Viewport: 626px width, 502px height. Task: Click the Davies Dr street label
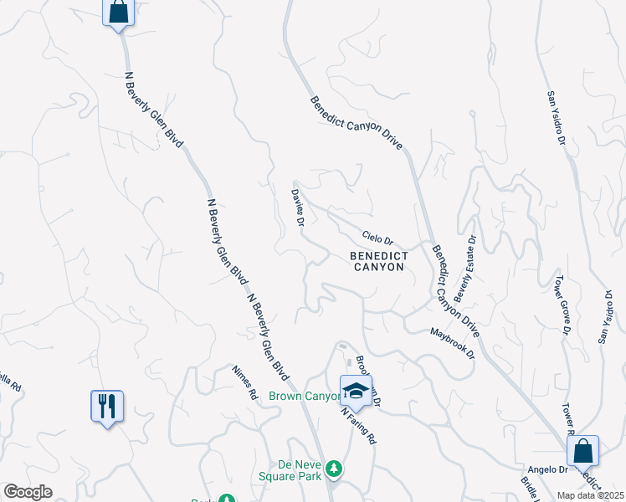click(x=297, y=205)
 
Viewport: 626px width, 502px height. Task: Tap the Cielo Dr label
click(x=377, y=238)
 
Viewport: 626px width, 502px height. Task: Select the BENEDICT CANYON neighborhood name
click(x=378, y=261)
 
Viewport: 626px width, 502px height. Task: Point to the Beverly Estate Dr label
click(x=464, y=269)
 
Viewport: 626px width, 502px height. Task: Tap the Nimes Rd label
click(x=246, y=386)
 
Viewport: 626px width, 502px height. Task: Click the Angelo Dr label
click(x=542, y=471)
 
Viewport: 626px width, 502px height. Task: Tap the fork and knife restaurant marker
click(x=107, y=407)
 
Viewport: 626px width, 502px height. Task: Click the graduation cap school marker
click(x=355, y=391)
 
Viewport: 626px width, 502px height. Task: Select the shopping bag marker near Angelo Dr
click(x=582, y=452)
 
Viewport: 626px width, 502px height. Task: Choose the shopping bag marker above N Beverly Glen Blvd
click(x=118, y=13)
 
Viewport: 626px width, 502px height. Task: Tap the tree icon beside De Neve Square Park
click(x=335, y=469)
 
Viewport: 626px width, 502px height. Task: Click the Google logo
click(x=28, y=492)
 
